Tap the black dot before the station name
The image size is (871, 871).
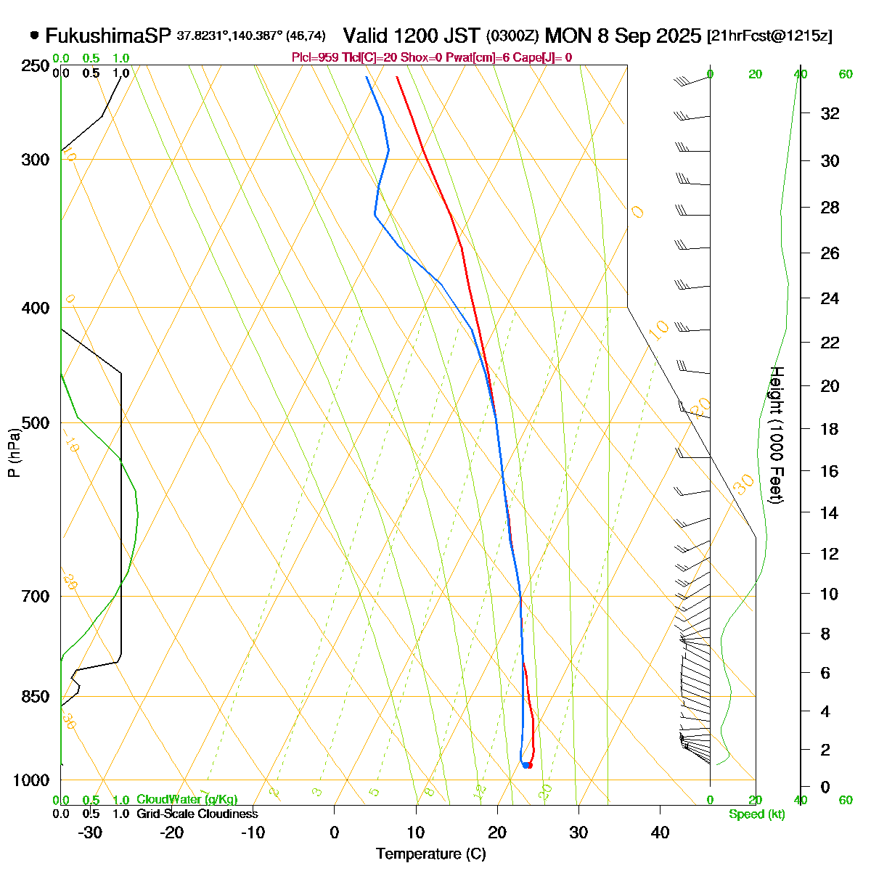[35, 35]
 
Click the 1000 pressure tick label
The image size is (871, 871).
[32, 780]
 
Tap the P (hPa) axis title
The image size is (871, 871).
[14, 454]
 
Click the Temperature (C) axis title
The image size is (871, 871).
[431, 854]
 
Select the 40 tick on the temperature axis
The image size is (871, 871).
[660, 833]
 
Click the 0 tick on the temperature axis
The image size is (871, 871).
[335, 833]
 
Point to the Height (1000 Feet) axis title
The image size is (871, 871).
[775, 435]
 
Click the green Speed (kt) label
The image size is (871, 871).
[757, 814]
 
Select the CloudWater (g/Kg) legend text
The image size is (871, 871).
[187, 800]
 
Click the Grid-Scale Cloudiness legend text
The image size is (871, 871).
[197, 814]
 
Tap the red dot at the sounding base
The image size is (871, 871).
[529, 765]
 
